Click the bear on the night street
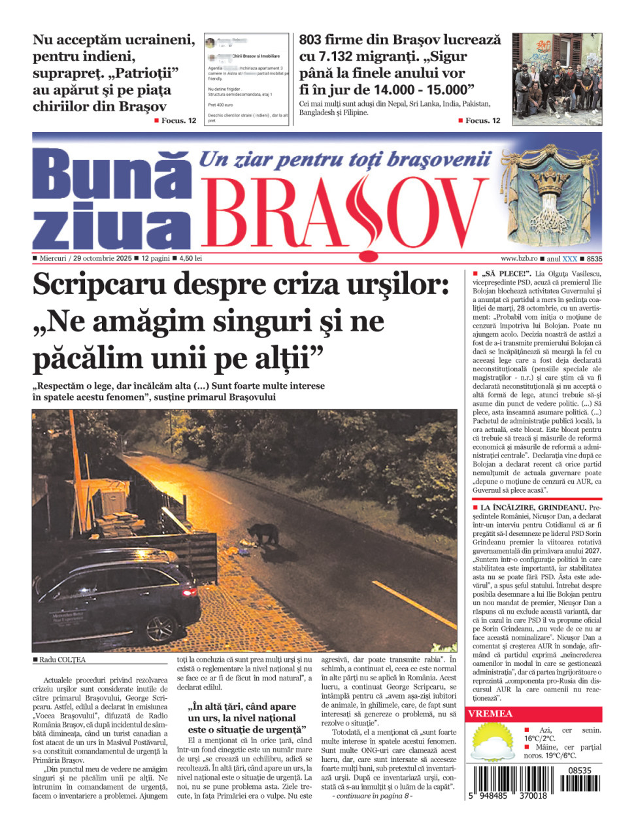264,535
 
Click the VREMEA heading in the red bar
490,714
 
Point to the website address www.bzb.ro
519,259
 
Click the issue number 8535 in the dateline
594,259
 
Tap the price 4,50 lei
190,259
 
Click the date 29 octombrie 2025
102,259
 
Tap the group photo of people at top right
557,79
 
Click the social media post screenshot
246,79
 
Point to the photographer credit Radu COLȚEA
62,659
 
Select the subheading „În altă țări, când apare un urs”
242,718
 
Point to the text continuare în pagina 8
373,795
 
